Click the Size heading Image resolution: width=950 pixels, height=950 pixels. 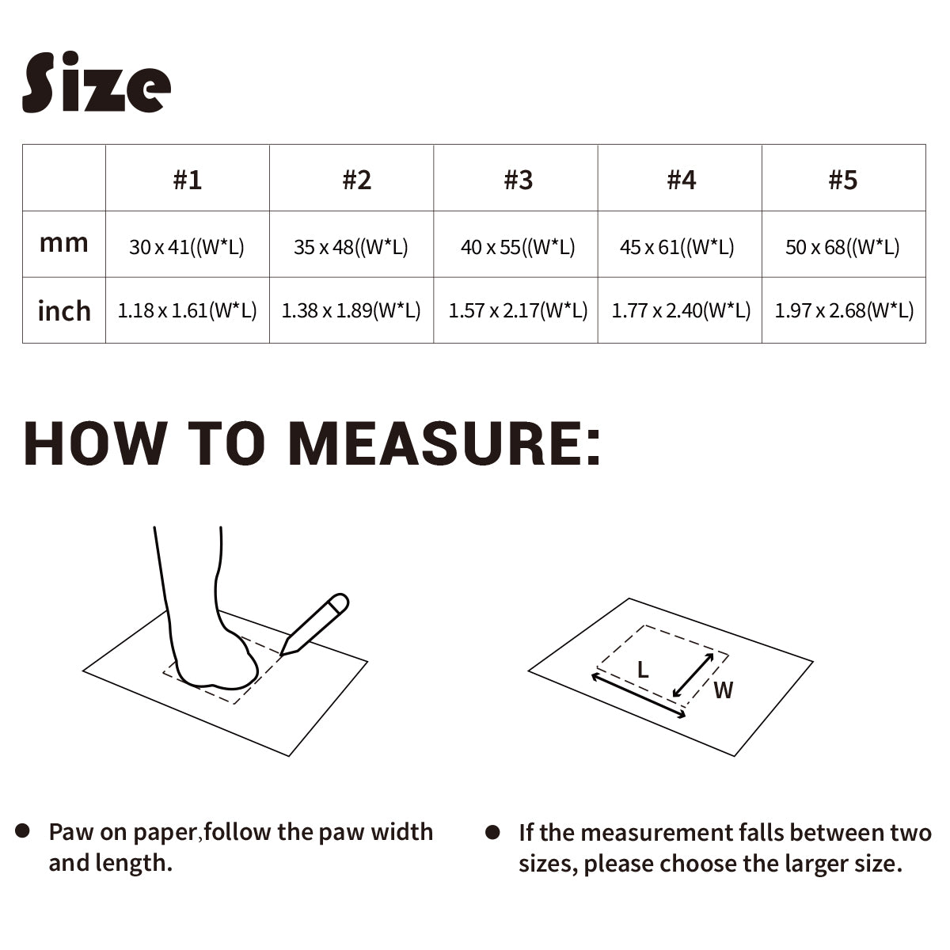click(97, 82)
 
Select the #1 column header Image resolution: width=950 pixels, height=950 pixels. click(188, 180)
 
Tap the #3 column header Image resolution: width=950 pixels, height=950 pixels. click(518, 180)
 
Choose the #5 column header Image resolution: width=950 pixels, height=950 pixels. click(843, 180)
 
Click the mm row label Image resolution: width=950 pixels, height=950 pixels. click(63, 243)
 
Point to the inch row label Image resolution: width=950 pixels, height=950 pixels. click(64, 311)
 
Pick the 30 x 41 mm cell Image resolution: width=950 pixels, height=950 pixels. click(187, 247)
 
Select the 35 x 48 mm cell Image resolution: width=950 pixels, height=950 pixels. click(351, 247)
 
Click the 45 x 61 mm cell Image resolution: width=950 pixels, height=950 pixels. click(677, 247)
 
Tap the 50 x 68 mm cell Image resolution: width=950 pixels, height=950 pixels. click(842, 247)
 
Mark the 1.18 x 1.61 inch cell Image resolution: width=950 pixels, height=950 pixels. click(188, 310)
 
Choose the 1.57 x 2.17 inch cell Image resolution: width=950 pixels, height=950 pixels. click(518, 310)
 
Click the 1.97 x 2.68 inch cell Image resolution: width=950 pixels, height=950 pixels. click(844, 310)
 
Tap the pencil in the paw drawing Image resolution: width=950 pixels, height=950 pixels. click(314, 625)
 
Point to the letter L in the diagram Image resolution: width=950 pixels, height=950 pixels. click(643, 670)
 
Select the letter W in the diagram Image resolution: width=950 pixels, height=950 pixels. click(724, 690)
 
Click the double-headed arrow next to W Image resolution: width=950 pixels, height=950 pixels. click(693, 675)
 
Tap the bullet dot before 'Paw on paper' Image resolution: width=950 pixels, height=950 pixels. click(23, 831)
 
